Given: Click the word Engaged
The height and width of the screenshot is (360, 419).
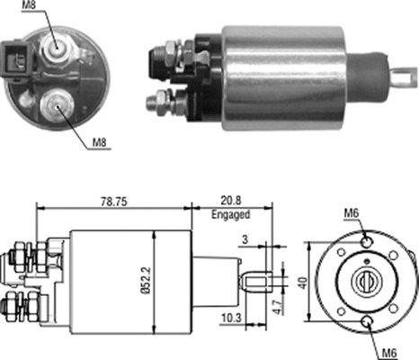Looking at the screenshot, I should (x=232, y=215).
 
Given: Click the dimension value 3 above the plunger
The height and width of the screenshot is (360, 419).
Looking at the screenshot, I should (x=246, y=240).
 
